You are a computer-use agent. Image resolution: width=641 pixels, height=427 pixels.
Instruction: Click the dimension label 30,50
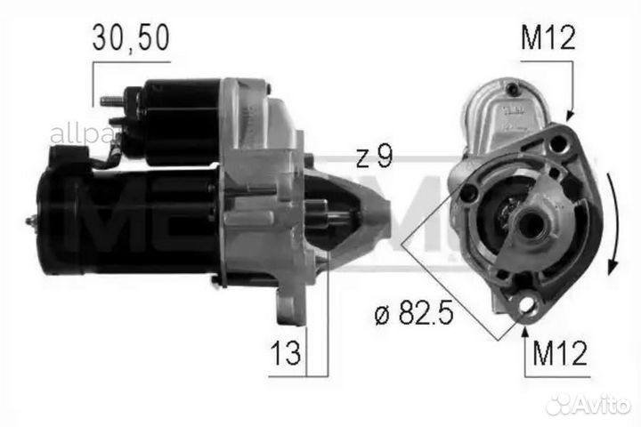pos(131,38)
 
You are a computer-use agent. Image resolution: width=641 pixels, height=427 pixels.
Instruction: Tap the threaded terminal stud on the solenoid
pos(111,101)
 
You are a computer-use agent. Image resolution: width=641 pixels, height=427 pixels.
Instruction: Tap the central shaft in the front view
pos(531,226)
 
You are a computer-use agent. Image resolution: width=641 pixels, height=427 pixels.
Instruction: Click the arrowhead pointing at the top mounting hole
pos(570,116)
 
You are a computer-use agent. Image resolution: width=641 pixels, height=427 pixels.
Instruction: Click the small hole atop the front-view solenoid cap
pos(514,88)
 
